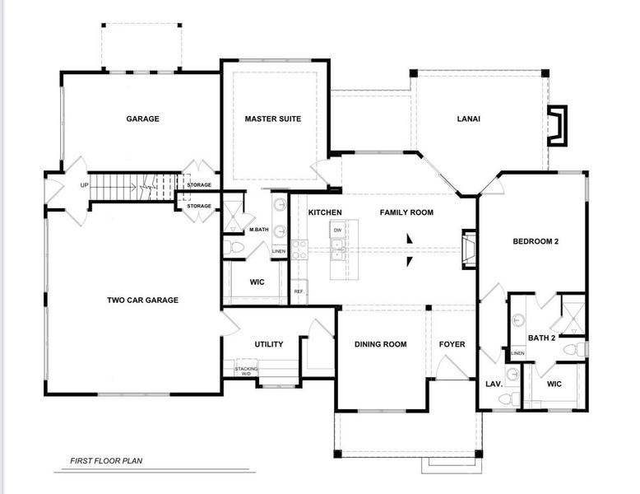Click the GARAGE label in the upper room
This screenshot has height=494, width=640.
[x=142, y=119]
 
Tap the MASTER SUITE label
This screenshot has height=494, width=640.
[x=273, y=119]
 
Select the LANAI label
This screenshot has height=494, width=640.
[x=468, y=119]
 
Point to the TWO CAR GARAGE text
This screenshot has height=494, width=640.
[x=142, y=301]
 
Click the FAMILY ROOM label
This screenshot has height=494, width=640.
[x=406, y=212]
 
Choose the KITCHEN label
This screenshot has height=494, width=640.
[x=325, y=212]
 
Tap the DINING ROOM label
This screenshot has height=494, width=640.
[x=380, y=344]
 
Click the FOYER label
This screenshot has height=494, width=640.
[x=452, y=344]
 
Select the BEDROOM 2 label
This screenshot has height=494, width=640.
[x=536, y=241]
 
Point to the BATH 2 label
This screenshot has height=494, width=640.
[x=542, y=338]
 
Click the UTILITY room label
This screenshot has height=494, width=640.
[x=269, y=344]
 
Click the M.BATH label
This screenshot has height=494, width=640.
[x=260, y=229]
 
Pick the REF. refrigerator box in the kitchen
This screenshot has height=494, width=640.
[x=299, y=291]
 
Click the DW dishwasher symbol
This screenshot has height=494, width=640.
[x=337, y=231]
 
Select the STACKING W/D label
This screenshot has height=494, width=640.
[x=246, y=370]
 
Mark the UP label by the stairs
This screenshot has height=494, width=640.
[x=84, y=185]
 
